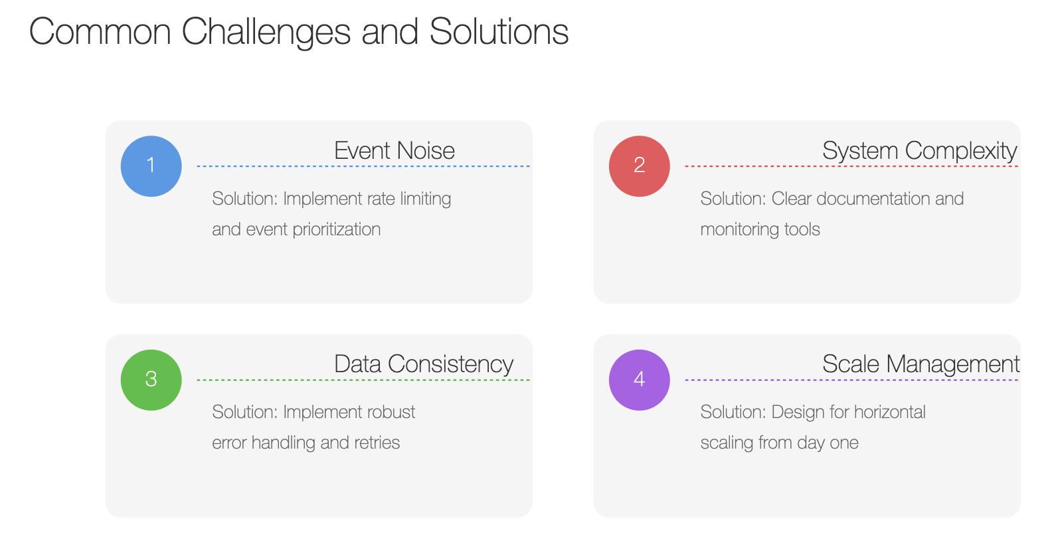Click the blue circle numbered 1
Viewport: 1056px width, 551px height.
pyautogui.click(x=151, y=166)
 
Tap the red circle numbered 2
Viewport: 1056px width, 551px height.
pyautogui.click(x=640, y=166)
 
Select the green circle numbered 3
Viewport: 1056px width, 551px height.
pyautogui.click(x=151, y=380)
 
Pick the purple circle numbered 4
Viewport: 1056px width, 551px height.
pyautogui.click(x=640, y=380)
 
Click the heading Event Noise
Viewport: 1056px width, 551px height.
pyautogui.click(x=395, y=150)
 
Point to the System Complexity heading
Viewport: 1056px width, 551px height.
pyautogui.click(x=920, y=152)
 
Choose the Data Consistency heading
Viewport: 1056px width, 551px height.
pyautogui.click(x=424, y=365)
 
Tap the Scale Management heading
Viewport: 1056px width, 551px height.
pyautogui.click(x=921, y=365)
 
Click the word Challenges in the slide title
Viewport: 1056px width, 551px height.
pyautogui.click(x=266, y=33)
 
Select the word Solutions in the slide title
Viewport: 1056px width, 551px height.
pyautogui.click(x=499, y=32)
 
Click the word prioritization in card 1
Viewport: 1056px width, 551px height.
pyautogui.click(x=337, y=230)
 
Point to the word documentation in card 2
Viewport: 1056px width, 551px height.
pyautogui.click(x=873, y=199)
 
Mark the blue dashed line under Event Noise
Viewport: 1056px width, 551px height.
pyautogui.click(x=363, y=166)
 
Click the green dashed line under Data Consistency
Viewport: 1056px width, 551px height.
pyautogui.click(x=363, y=380)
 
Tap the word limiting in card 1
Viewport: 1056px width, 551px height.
pyautogui.click(x=425, y=199)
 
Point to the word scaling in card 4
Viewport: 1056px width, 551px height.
pyautogui.click(x=727, y=443)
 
